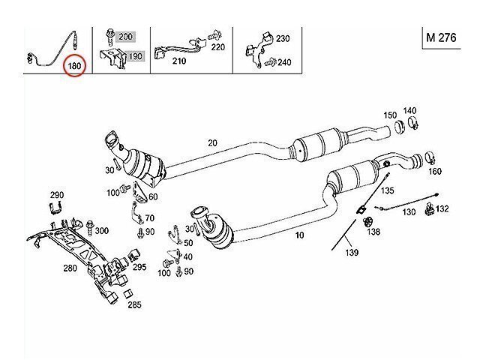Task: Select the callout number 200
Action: pyautogui.click(x=125, y=37)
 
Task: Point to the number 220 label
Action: pyautogui.click(x=217, y=46)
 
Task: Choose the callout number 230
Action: pyautogui.click(x=282, y=38)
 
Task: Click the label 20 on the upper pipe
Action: pyautogui.click(x=212, y=142)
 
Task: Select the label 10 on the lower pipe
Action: pyautogui.click(x=300, y=235)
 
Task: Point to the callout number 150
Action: pyautogui.click(x=390, y=115)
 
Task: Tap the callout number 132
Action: pyautogui.click(x=442, y=208)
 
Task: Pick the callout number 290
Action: pyautogui.click(x=57, y=195)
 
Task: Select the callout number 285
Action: pyautogui.click(x=134, y=304)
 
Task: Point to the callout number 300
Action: pyautogui.click(x=101, y=230)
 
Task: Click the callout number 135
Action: pyautogui.click(x=388, y=191)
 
